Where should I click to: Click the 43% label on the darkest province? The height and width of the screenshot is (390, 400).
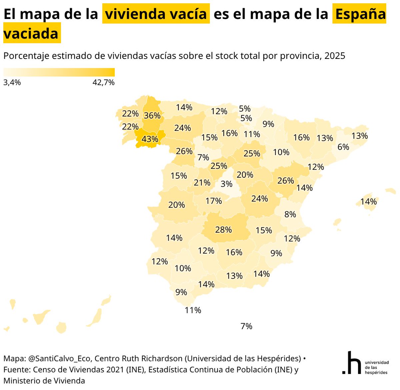point(150,139)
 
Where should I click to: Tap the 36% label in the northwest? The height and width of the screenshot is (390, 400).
point(152,115)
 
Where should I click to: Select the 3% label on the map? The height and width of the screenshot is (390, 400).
point(226,184)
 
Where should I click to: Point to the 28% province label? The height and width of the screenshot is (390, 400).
point(223,230)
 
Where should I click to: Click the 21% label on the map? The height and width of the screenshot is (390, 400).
point(202,182)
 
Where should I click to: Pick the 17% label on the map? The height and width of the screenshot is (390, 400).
point(214,201)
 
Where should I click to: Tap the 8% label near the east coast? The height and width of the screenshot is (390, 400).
point(290,214)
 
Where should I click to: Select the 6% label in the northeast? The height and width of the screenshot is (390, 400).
point(343,147)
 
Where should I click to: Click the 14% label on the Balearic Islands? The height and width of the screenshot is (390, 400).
point(368,201)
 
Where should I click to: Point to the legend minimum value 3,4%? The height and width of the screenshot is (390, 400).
point(12,83)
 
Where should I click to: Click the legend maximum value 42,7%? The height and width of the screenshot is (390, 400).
point(103,83)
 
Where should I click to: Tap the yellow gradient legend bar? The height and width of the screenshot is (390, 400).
point(59,72)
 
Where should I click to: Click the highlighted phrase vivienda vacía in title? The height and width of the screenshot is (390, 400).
point(156,14)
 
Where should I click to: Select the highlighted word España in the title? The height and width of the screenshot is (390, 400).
point(359,14)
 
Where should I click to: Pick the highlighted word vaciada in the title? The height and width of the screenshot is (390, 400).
point(31,34)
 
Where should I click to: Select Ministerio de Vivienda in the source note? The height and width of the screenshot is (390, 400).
point(44,380)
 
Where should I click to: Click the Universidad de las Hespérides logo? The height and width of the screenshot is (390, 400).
point(365,363)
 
